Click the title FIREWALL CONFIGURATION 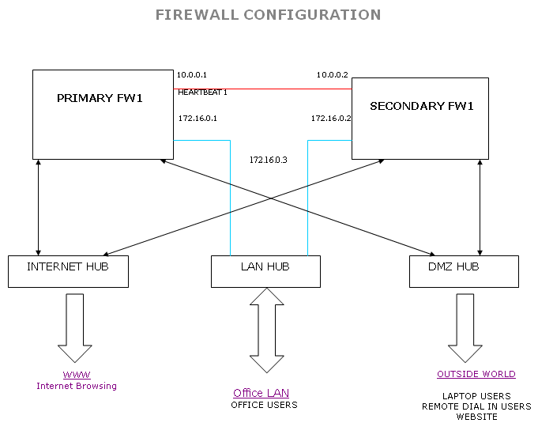[x=268, y=15]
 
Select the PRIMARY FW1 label [x=100, y=99]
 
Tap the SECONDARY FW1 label [x=422, y=106]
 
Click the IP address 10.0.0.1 [x=192, y=75]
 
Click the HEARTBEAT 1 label [x=202, y=93]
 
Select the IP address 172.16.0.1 [x=198, y=119]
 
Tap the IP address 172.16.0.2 [x=331, y=119]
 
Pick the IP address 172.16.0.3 [x=269, y=160]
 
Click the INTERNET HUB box [x=68, y=271]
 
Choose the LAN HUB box [x=265, y=271]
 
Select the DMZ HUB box [x=464, y=271]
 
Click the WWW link [x=77, y=375]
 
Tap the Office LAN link [x=261, y=393]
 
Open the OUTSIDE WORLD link [x=476, y=374]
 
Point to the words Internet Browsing [x=77, y=386]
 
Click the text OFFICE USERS [x=264, y=405]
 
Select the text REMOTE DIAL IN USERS [x=476, y=406]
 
